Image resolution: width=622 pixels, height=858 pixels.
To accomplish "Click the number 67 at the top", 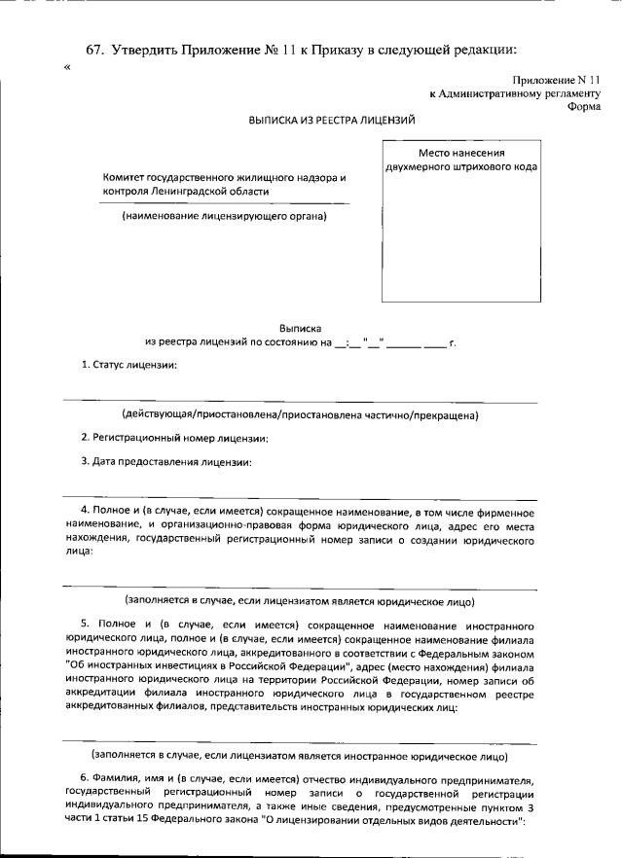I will [94, 50].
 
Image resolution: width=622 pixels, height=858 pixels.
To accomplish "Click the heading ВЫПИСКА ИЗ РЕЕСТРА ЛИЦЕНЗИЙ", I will [332, 121].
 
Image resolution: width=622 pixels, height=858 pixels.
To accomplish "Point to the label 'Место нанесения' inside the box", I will [460, 153].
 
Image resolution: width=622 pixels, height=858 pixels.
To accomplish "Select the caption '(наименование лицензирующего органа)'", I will [224, 216].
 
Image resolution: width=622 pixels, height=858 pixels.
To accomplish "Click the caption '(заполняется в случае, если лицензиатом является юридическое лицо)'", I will [299, 601].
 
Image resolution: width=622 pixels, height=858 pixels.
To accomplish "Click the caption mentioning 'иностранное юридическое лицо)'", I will [299, 755].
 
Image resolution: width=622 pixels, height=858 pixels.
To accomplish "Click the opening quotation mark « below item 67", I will [66, 68].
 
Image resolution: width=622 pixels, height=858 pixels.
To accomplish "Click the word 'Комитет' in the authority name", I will [124, 179].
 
